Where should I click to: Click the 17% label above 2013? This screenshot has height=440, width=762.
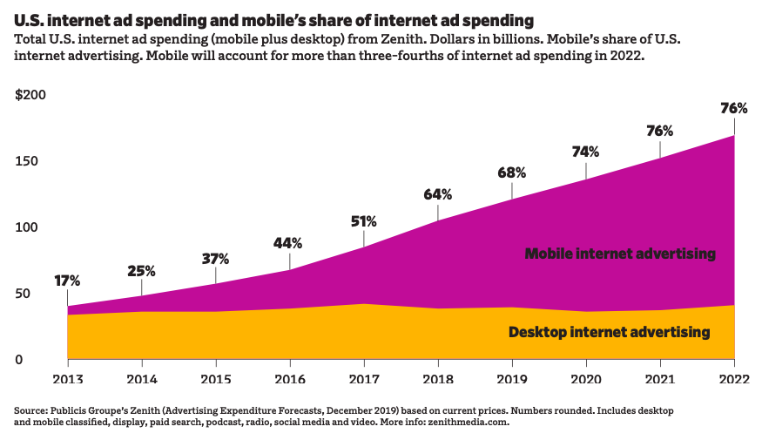[x=67, y=281]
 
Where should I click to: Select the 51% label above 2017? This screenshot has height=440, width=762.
[x=364, y=221]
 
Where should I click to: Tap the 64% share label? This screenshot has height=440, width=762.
[x=438, y=194]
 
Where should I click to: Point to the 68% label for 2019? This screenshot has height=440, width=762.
[x=512, y=172]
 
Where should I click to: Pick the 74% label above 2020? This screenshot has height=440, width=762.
[x=586, y=152]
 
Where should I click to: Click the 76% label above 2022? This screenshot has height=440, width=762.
[x=734, y=109]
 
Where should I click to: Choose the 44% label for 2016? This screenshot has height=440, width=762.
[x=289, y=243]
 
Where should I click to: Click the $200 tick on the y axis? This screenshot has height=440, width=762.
[x=30, y=95]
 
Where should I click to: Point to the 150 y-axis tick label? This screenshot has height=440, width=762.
[x=26, y=161]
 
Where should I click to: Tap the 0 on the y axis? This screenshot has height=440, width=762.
[x=19, y=359]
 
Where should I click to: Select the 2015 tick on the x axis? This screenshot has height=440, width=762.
[x=215, y=379]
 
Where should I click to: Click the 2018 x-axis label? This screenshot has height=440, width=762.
[x=438, y=379]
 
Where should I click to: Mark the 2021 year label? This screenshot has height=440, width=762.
[x=660, y=379]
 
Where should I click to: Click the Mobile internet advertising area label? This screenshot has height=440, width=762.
[x=620, y=254]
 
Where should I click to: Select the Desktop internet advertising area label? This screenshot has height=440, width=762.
[x=610, y=332]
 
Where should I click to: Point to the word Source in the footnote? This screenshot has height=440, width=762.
[x=30, y=410]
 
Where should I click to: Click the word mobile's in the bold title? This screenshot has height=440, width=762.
[x=273, y=18]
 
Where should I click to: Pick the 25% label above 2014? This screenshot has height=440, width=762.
[x=141, y=270]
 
